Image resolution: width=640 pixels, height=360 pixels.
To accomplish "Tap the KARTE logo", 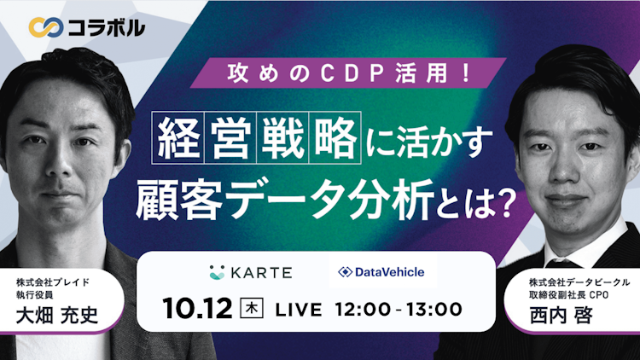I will point(250,272).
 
